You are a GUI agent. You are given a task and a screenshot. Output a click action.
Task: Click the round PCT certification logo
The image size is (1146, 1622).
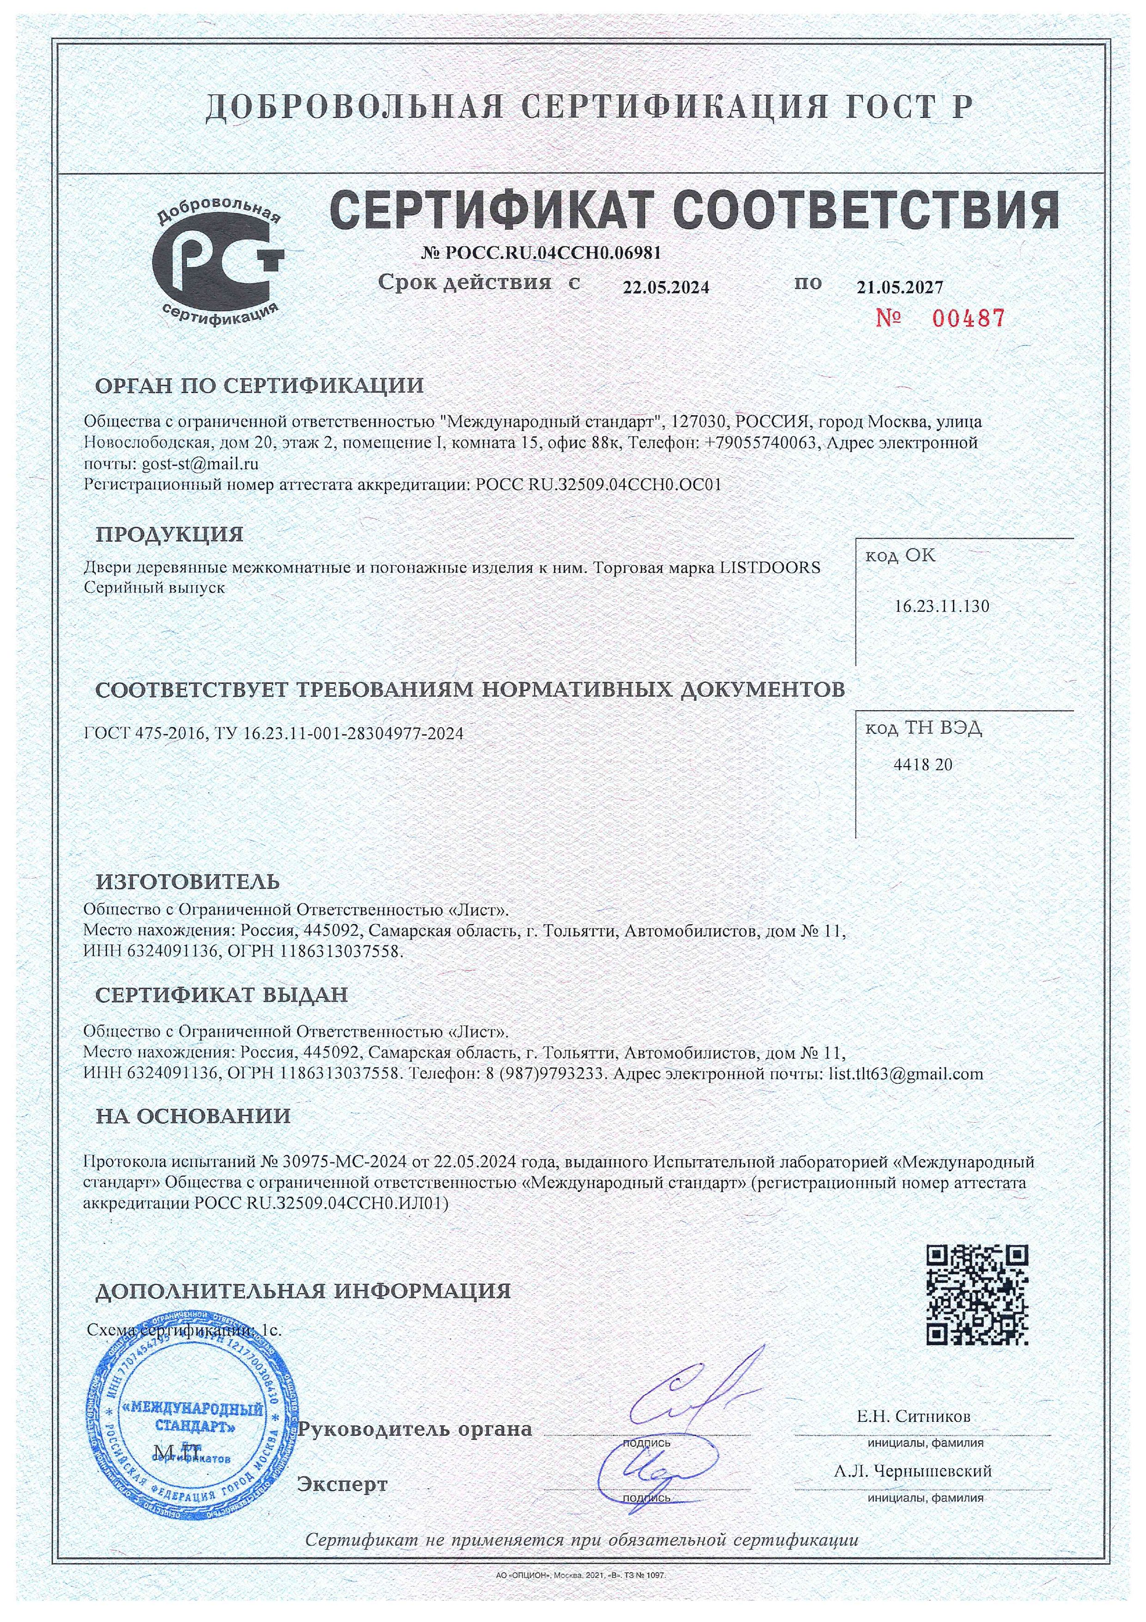coord(218,267)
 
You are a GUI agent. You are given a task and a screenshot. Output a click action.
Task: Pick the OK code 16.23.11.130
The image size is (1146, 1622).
coord(941,605)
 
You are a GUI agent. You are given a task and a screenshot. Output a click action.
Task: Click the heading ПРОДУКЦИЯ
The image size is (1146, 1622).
coord(170,534)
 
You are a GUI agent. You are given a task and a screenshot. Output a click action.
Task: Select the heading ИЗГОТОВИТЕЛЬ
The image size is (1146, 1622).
coord(188,882)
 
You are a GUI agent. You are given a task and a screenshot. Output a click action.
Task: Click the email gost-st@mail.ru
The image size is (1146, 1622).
coord(200,464)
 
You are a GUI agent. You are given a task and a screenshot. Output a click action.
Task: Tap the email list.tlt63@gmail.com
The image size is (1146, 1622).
coord(905,1074)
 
